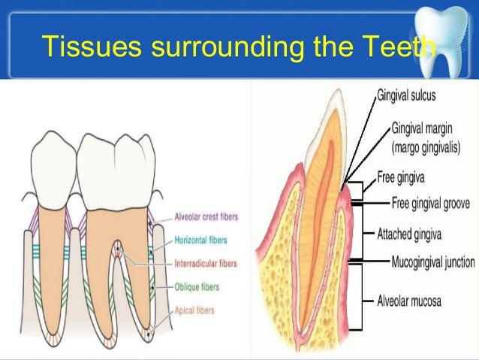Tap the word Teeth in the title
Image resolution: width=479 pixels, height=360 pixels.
point(402,47)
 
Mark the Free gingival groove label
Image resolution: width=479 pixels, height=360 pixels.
point(432,202)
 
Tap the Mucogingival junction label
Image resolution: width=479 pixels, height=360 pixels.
point(433,262)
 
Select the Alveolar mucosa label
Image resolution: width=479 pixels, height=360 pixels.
point(409,301)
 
